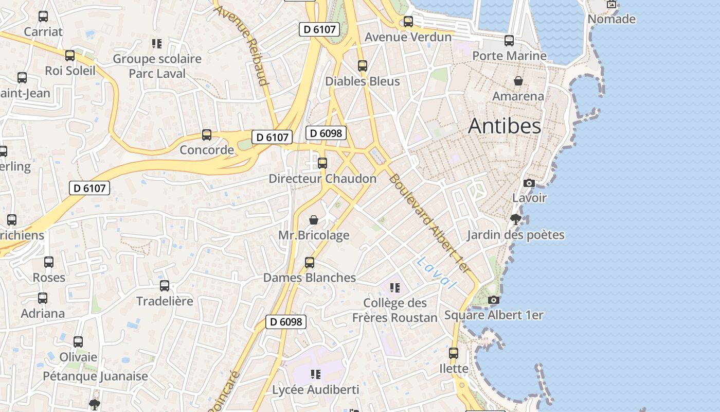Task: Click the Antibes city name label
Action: [505, 126]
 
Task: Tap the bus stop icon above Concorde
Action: [207, 135]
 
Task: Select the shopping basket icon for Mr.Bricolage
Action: [314, 220]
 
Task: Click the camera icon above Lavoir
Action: [529, 183]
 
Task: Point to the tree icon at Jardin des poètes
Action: [515, 220]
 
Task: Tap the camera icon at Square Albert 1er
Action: [493, 300]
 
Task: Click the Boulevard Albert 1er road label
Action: [429, 224]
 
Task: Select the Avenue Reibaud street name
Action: [242, 45]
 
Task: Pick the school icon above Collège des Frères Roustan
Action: [395, 287]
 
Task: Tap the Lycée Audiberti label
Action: [315, 390]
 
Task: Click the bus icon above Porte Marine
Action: [509, 40]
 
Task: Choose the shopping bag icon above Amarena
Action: [518, 81]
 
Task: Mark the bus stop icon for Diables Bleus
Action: [363, 66]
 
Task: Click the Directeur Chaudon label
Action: [322, 179]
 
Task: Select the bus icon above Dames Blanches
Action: [310, 263]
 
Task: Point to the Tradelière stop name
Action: [165, 301]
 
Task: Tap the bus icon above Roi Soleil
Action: [70, 56]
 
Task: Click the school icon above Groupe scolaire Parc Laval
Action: [157, 44]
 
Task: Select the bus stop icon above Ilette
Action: [454, 353]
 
